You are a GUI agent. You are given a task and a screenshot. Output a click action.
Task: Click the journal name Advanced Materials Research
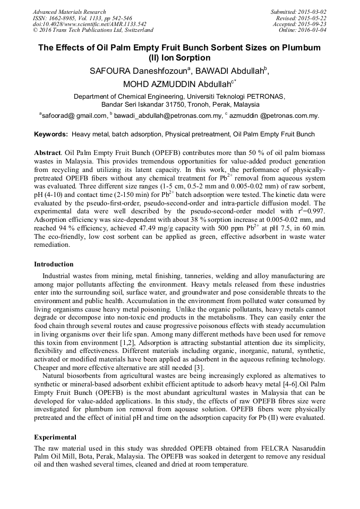click(69, 12)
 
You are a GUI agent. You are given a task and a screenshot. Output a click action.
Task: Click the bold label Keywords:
click(51, 135)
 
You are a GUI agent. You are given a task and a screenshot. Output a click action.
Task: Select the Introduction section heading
click(54, 264)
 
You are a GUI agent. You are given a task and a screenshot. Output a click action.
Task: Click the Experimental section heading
click(55, 437)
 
